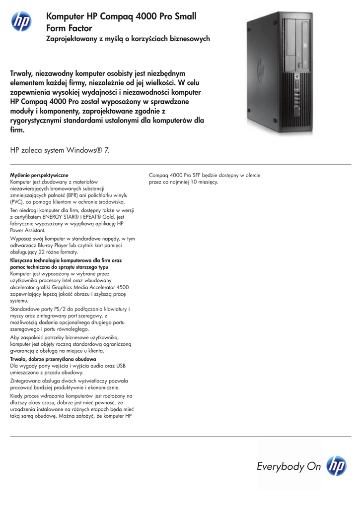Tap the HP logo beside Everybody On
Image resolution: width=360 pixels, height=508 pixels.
click(x=336, y=466)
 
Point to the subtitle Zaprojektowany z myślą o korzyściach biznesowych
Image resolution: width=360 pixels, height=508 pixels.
click(x=128, y=39)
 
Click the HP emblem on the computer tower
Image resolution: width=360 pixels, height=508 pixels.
click(x=261, y=69)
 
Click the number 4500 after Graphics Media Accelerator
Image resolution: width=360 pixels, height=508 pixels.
click(x=121, y=287)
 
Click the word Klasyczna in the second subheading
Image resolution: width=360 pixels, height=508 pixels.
click(x=23, y=260)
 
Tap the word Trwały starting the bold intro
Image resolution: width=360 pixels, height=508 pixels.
click(x=22, y=73)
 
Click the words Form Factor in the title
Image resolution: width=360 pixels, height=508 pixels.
click(x=69, y=28)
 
